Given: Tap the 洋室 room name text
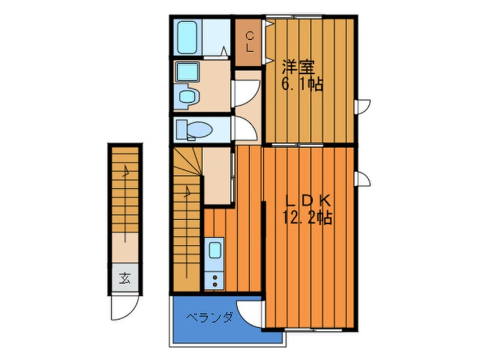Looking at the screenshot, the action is pyautogui.click(x=298, y=68).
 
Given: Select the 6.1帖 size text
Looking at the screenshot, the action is pyautogui.click(x=302, y=84).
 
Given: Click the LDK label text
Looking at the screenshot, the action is pyautogui.click(x=308, y=202).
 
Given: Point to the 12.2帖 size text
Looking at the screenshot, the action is pyautogui.click(x=307, y=218).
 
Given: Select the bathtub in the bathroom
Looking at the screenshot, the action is pyautogui.click(x=187, y=37).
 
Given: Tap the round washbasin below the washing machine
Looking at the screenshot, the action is pyautogui.click(x=187, y=97).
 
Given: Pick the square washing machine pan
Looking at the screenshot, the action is pyautogui.click(x=188, y=72).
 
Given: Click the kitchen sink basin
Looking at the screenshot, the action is pyautogui.click(x=214, y=250).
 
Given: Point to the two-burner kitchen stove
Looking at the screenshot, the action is pyautogui.click(x=214, y=281).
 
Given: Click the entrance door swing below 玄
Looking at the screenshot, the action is pyautogui.click(x=123, y=308).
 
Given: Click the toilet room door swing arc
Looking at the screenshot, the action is pyautogui.click(x=246, y=129).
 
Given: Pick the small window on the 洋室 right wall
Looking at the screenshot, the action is pyautogui.click(x=363, y=107).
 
